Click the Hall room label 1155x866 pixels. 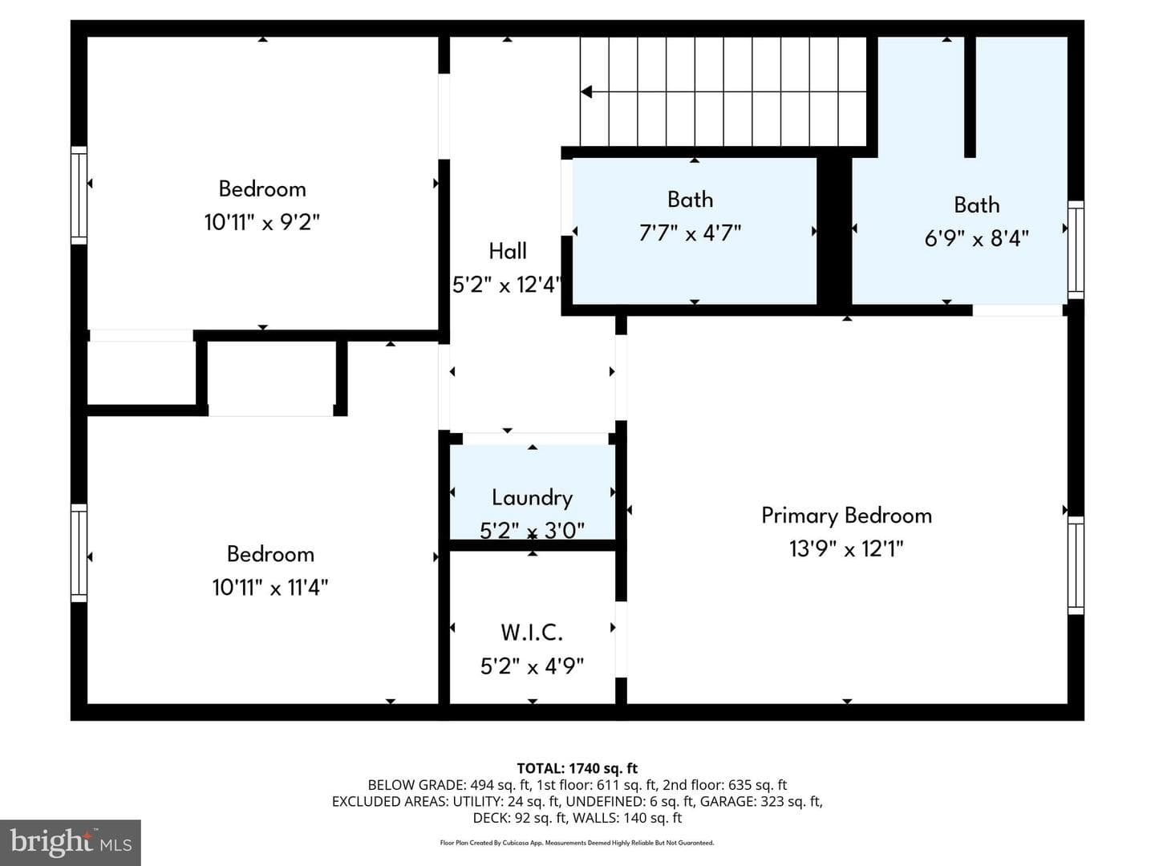[507, 251]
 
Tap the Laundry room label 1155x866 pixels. [532, 498]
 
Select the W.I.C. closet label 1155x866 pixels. [532, 632]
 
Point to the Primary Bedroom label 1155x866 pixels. [846, 516]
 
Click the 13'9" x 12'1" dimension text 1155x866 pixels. [846, 549]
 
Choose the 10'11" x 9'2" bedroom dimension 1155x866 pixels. [262, 222]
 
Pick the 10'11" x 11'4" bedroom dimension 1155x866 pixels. [270, 587]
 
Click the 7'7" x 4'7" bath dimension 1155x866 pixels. [690, 233]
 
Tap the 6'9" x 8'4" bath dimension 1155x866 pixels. [976, 238]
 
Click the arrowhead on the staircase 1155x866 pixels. [586, 92]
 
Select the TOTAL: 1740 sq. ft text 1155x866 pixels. [577, 768]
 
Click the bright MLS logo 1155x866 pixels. [71, 842]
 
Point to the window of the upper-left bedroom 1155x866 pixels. [79, 195]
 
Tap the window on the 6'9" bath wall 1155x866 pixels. [1076, 249]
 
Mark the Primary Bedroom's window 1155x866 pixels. [1076, 565]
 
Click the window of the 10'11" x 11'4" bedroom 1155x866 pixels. [79, 553]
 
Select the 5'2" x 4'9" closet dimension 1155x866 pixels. [532, 666]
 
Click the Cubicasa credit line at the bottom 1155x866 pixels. [577, 843]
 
